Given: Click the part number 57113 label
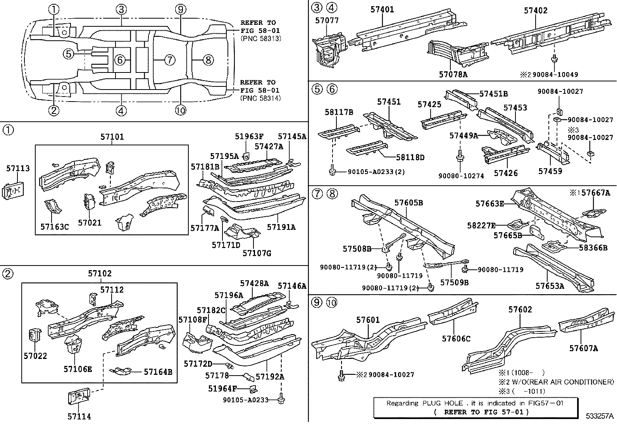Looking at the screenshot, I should (18, 168).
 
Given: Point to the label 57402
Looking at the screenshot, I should (536, 10).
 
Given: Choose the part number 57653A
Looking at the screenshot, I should (550, 286).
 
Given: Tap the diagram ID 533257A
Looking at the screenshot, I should (600, 416).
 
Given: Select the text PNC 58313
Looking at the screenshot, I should (260, 38).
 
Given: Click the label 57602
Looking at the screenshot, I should (520, 309).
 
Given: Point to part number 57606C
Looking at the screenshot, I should (456, 339).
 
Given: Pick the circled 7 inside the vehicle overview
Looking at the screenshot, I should (169, 60).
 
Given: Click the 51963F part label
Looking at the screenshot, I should (249, 136).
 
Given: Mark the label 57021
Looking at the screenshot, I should (90, 222).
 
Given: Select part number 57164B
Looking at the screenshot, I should (158, 372).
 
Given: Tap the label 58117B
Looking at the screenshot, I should (339, 112).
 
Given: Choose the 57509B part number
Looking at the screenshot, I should (454, 282).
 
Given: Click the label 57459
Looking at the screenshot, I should (550, 171).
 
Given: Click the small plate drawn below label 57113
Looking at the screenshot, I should (13, 191).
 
